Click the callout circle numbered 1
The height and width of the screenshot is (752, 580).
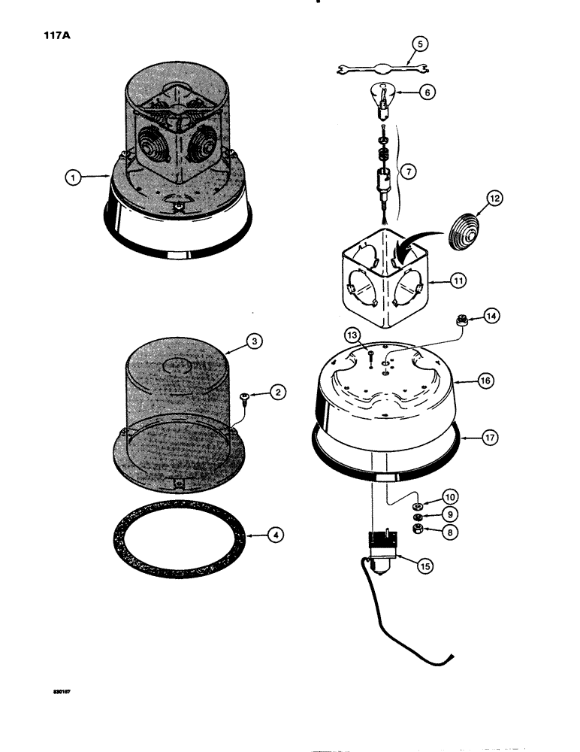[72, 177]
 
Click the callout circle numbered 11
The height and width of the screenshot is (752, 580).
[458, 282]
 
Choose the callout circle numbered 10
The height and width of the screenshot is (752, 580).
[450, 497]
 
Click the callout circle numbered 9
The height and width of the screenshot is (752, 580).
[450, 514]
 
